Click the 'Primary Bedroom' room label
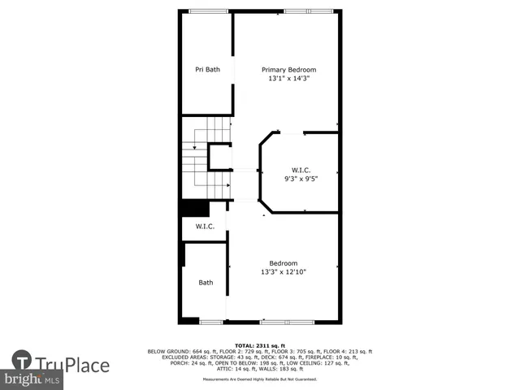288,70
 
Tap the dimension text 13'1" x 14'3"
288,79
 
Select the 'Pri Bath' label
207,70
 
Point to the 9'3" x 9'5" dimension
301,178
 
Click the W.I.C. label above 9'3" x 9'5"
301,170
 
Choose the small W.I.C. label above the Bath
205,227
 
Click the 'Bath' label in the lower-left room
206,283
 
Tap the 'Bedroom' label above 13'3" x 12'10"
284,263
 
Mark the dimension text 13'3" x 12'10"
284,273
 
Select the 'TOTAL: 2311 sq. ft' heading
259,345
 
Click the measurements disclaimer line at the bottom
259,379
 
